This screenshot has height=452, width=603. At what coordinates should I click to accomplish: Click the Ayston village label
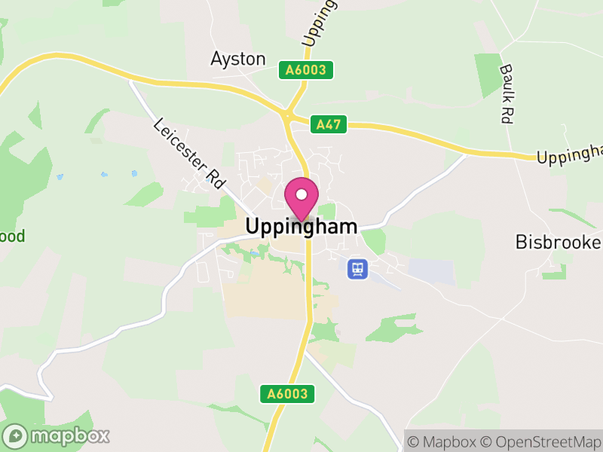point(238,59)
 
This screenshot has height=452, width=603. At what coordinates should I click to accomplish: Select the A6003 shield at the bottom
point(287,393)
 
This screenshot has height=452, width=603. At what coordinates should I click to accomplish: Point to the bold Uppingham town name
point(301,226)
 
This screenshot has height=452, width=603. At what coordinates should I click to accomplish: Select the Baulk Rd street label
point(507,93)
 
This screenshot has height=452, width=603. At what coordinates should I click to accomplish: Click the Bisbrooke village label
point(558,242)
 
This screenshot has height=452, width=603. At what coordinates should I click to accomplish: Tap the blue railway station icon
point(357,268)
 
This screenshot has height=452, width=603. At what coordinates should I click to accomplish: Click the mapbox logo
point(57,435)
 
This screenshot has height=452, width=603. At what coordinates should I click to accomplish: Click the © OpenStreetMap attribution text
point(541,441)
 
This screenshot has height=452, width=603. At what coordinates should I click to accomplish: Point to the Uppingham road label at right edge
point(570,153)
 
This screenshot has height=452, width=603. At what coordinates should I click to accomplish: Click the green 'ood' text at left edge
point(12,237)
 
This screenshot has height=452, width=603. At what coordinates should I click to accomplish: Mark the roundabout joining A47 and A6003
point(287,115)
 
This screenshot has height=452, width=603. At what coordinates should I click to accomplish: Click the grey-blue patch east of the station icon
point(432,272)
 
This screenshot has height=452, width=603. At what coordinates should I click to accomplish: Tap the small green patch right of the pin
point(326,212)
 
